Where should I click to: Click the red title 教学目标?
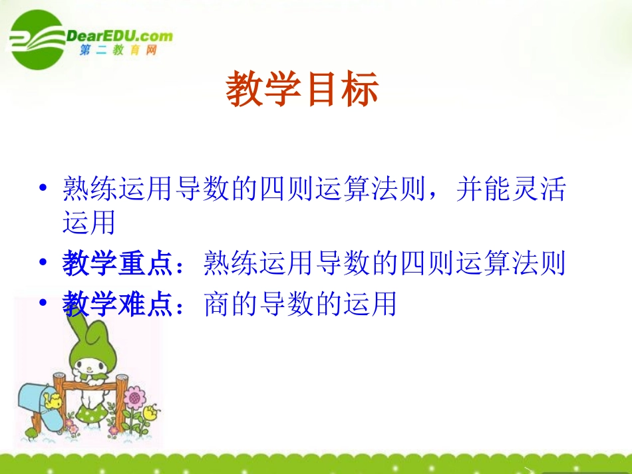302,90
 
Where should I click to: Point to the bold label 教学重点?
118,264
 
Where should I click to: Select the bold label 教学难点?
118,305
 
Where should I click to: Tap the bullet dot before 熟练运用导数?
43,188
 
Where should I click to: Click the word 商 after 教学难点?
217,305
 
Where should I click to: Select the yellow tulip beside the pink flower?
151,412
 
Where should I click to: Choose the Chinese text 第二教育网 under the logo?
118,51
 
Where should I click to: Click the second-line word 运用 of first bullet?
88,223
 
